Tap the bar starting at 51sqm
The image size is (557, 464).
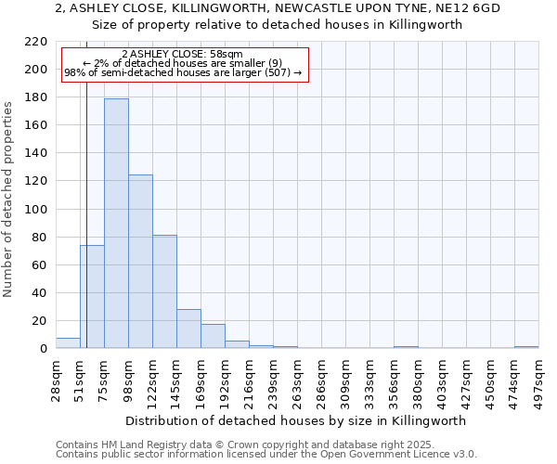click(x=92, y=297)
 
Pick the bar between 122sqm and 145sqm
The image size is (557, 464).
click(x=164, y=291)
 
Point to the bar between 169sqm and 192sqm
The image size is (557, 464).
click(x=213, y=336)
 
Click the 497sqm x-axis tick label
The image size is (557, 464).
click(x=539, y=379)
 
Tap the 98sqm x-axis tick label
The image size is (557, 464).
click(x=129, y=379)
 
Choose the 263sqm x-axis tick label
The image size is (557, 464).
click(x=298, y=379)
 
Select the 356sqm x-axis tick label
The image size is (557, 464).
click(x=395, y=379)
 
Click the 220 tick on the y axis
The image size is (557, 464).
click(x=36, y=42)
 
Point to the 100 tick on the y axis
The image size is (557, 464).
click(x=36, y=210)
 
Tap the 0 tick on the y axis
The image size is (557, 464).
click(x=43, y=349)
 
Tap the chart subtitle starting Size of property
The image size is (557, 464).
click(x=278, y=25)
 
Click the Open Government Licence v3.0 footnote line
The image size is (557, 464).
click(x=266, y=454)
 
